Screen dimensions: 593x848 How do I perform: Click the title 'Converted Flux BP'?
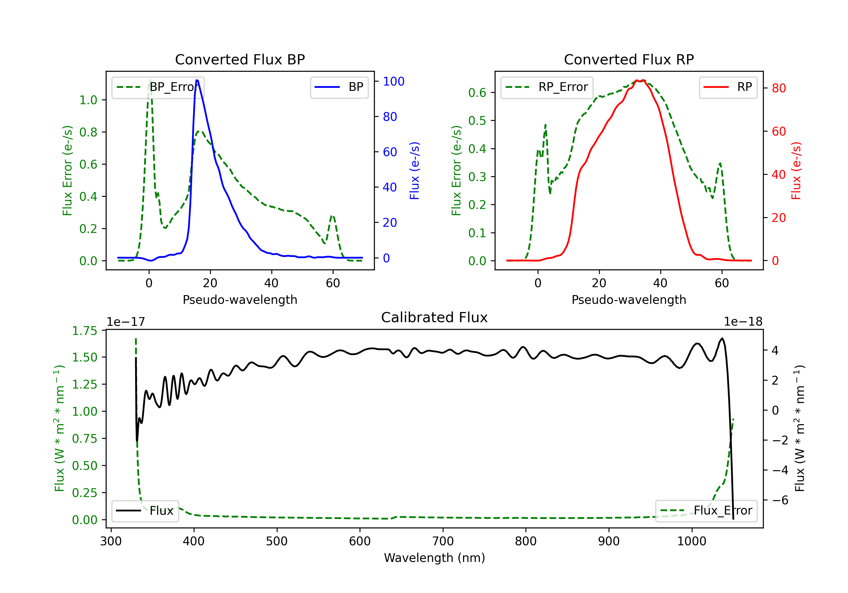point(240,59)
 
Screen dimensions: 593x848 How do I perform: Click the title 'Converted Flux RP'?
point(629,59)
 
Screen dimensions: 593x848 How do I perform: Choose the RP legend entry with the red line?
point(728,87)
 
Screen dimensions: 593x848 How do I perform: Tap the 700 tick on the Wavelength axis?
point(443,541)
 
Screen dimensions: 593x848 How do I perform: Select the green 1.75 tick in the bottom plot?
point(85,330)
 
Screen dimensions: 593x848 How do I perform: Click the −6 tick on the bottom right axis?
point(780,500)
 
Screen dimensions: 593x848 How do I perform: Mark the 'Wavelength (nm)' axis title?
point(434,558)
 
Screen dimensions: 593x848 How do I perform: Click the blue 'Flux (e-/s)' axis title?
point(414,171)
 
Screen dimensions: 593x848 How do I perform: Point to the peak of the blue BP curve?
point(197,80)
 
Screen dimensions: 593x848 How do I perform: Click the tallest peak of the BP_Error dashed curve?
point(150,80)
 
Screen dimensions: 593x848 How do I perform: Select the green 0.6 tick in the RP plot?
point(477,93)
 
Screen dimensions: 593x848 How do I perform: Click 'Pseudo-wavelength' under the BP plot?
point(240,300)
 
